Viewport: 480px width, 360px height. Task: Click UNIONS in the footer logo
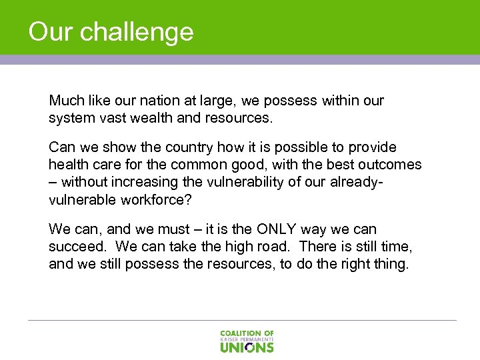pyautogui.click(x=247, y=347)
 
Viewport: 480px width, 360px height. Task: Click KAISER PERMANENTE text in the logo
pyautogui.click(x=247, y=339)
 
